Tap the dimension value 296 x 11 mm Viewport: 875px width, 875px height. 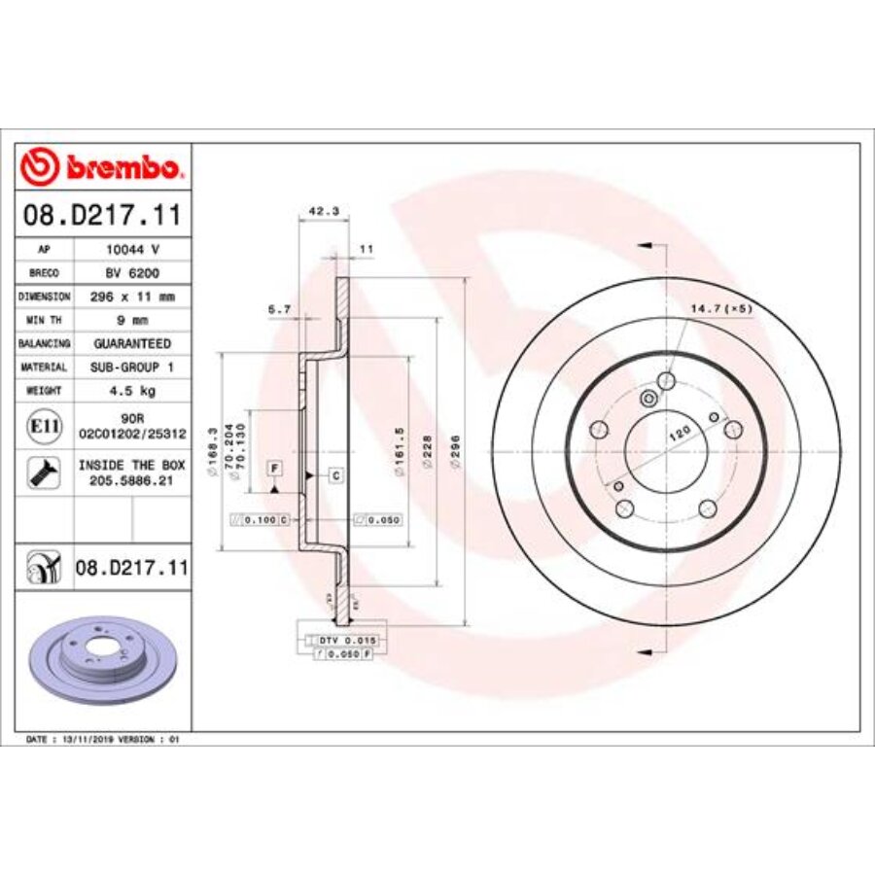click(132, 297)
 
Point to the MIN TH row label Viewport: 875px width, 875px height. click(45, 320)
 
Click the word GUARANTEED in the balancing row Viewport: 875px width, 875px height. click(132, 343)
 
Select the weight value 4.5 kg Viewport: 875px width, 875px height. click(132, 390)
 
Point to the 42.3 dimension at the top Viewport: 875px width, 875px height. click(316, 208)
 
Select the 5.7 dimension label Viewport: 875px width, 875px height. click(279, 309)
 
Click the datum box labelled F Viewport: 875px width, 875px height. click(275, 469)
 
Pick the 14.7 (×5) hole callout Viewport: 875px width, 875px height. click(721, 308)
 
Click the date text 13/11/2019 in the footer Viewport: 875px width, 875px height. click(88, 740)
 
